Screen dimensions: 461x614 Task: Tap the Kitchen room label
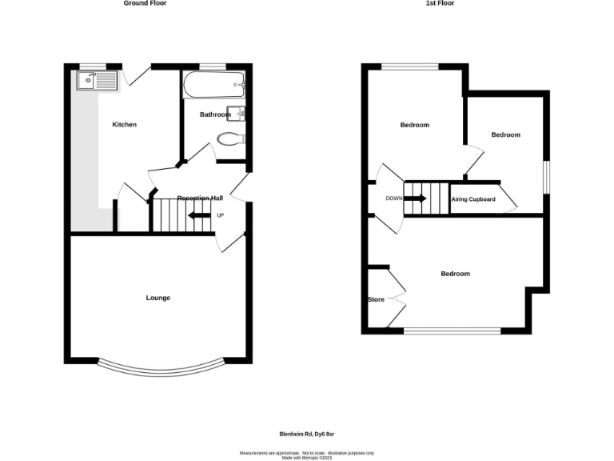pyautogui.click(x=124, y=125)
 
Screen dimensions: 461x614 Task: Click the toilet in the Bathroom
pyautogui.click(x=229, y=138)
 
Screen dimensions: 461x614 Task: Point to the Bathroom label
pyautogui.click(x=215, y=114)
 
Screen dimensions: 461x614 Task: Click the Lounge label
pyautogui.click(x=157, y=299)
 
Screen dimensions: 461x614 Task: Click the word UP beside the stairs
pyautogui.click(x=221, y=215)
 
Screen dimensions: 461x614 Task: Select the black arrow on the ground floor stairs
pyautogui.click(x=198, y=215)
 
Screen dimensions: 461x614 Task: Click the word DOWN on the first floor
pyautogui.click(x=394, y=198)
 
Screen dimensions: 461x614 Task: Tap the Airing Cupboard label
pyautogui.click(x=473, y=199)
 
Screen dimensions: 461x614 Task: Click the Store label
pyautogui.click(x=376, y=300)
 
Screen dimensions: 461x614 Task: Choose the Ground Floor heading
pyautogui.click(x=145, y=3)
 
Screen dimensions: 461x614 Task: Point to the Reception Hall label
pyautogui.click(x=200, y=198)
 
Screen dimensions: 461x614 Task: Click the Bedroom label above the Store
pyautogui.click(x=456, y=274)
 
